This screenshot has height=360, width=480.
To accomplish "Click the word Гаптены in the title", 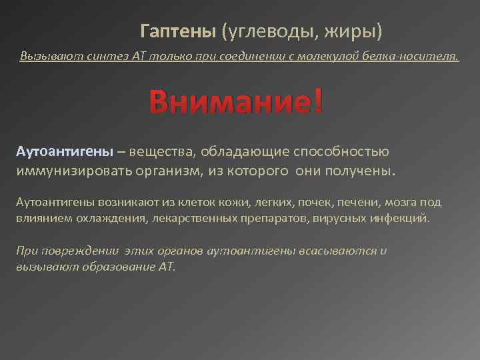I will click(x=178, y=31).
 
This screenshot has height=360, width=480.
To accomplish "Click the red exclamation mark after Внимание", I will click(x=317, y=102).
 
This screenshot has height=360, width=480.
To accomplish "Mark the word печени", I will click(x=347, y=202).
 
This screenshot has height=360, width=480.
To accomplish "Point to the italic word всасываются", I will click(x=340, y=251).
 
